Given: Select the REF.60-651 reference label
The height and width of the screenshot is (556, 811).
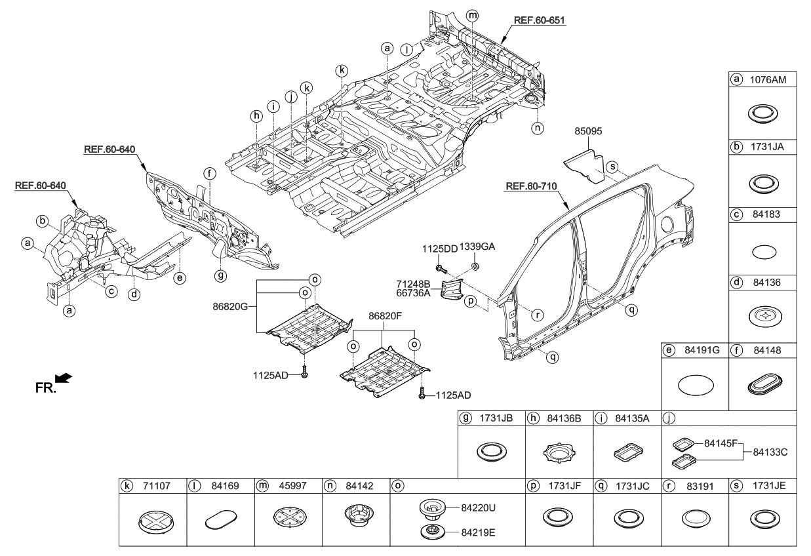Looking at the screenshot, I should tap(539, 20).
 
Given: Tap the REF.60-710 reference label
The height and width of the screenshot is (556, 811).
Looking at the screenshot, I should tap(530, 187).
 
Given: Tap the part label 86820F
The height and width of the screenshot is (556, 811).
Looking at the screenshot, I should tap(386, 316).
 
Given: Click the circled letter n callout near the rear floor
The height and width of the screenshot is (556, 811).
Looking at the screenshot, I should tap(538, 129).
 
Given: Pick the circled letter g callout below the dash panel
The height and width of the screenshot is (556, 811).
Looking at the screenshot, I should tap(221, 276).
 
